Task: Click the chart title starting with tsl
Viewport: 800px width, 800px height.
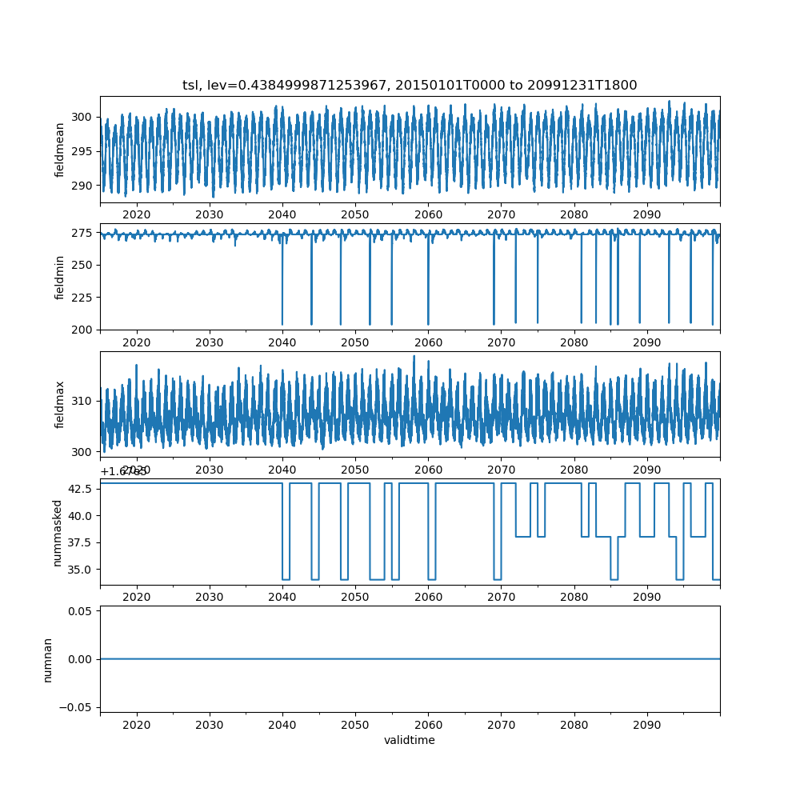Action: [x=410, y=86]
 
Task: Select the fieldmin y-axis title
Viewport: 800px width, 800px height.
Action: [x=60, y=277]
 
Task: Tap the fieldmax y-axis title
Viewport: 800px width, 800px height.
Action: [x=60, y=405]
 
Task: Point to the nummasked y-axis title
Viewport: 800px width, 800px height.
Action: [x=57, y=532]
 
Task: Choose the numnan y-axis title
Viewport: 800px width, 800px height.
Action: [x=47, y=659]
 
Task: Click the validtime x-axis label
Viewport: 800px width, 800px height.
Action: [x=410, y=741]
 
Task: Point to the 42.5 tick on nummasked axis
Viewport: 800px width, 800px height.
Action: [x=78, y=489]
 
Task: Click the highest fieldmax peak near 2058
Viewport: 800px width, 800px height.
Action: [x=414, y=357]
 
